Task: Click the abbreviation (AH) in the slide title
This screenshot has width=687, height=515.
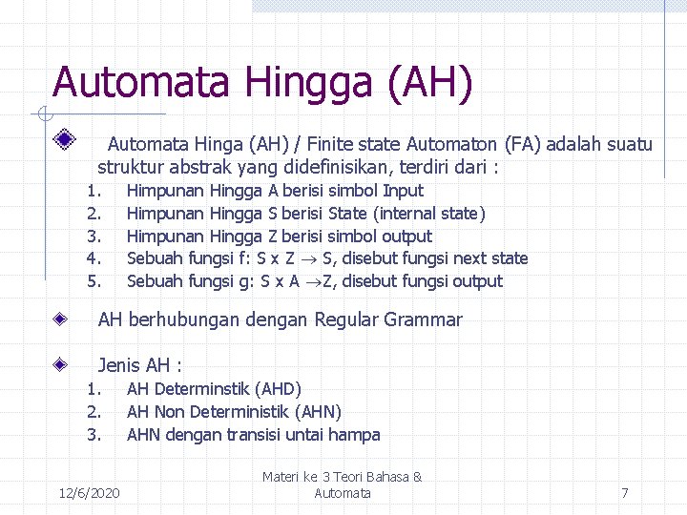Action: tap(430, 82)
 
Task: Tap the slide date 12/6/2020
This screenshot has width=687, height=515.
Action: tap(89, 493)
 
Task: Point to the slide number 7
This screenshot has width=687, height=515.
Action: tap(624, 493)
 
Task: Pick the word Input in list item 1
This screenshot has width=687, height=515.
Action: tap(403, 191)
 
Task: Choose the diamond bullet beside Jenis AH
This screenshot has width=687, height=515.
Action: tap(60, 364)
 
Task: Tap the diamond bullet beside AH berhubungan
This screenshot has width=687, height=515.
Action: tap(60, 319)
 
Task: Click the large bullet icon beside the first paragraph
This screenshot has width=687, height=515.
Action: tap(65, 139)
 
